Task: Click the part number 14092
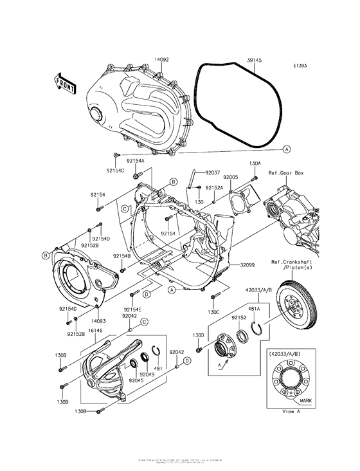[161, 59]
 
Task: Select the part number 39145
[254, 59]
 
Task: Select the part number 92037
[212, 173]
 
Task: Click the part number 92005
[231, 177]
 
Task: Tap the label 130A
[255, 163]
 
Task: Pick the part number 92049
[147, 374]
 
